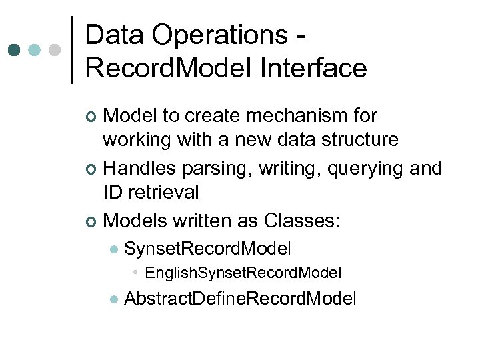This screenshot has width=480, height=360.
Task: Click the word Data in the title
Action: coord(114,35)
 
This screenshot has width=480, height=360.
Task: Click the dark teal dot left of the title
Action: coord(15,50)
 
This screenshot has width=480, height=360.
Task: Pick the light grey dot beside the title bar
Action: coord(55,50)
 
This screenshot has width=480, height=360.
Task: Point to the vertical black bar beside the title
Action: coord(72,50)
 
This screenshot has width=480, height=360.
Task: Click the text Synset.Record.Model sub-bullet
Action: coord(207,249)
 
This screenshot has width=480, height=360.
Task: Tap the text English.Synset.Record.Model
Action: coord(243,273)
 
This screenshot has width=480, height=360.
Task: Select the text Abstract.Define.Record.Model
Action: coord(240,298)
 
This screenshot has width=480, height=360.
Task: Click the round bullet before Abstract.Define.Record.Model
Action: coord(113,299)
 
